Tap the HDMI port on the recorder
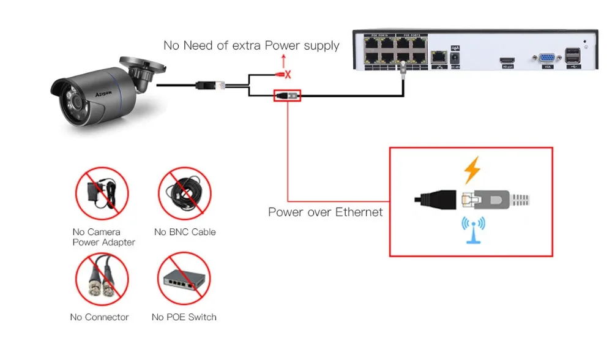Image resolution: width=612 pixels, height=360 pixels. click(507, 59)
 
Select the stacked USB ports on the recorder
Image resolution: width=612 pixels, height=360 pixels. click(574, 56)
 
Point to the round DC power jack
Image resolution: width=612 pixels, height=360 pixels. click(455, 58)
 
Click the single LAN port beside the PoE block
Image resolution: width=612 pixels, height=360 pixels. click(439, 57)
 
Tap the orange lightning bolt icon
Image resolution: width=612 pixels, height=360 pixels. click(471, 170)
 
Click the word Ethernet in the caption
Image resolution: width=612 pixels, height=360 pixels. click(359, 212)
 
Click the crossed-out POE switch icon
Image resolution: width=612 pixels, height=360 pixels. click(185, 279)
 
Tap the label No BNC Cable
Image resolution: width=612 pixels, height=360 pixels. click(185, 232)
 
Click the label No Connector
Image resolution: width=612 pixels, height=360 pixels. click(99, 317)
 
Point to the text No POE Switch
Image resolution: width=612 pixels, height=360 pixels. click(184, 317)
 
